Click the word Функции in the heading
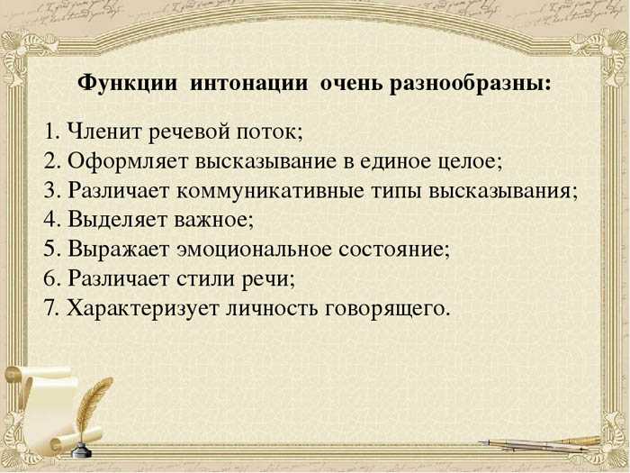coord(128,85)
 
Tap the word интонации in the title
coord(248,84)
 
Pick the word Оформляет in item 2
coord(128,161)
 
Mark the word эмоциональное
coord(254,250)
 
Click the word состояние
coord(391,250)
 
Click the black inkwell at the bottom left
coord(82,450)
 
